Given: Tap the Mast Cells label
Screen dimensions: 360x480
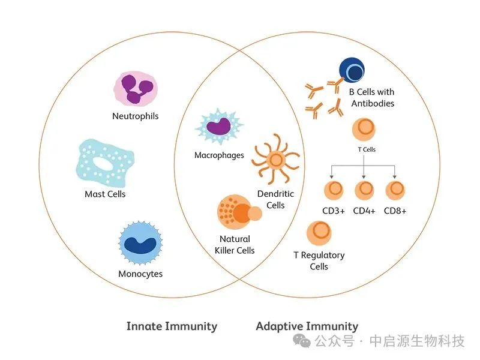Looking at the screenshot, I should (x=105, y=194).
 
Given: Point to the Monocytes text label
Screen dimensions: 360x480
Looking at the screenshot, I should (x=140, y=274).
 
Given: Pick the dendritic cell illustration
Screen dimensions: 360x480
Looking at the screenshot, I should (x=275, y=159).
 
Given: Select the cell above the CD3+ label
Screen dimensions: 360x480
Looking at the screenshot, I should (x=334, y=190).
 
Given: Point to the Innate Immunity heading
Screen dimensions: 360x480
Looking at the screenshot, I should (x=172, y=326).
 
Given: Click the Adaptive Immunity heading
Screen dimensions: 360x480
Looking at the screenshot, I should (x=307, y=326).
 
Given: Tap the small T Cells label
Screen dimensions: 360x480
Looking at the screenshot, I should (x=365, y=149).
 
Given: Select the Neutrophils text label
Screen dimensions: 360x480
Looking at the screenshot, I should (x=136, y=116).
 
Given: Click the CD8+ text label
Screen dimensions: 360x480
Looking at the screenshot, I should (x=395, y=211).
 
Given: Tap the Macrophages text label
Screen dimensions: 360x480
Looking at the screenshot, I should (x=219, y=155).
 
